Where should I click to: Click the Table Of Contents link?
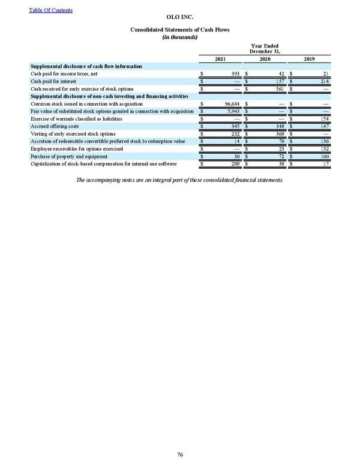pos(50,10)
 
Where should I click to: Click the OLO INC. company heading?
pos(180,18)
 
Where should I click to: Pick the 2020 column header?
pos(264,59)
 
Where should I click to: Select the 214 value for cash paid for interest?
pos(324,81)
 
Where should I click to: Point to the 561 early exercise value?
pos(280,89)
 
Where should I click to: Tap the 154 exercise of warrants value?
pos(324,119)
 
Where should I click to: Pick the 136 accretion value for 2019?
pos(324,141)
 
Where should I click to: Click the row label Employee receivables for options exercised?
pos(76,148)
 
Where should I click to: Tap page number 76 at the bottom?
pos(180,454)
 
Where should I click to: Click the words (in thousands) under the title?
pos(180,36)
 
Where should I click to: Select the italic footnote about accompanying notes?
pos(180,180)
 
